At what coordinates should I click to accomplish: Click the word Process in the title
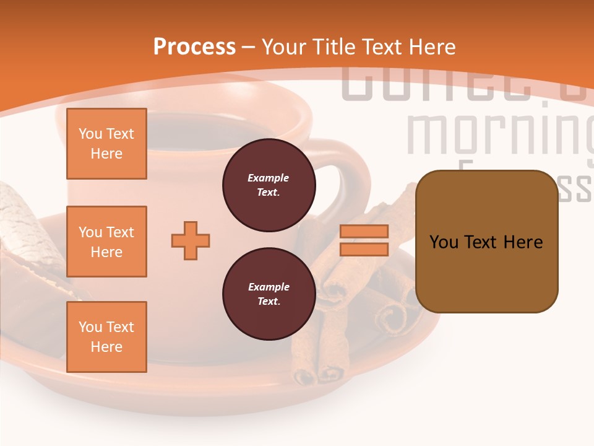coord(194,47)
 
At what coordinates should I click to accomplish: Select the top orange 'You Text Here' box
coord(106,144)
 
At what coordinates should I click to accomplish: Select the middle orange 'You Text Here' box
coord(106,242)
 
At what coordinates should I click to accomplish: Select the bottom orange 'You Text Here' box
coord(106,337)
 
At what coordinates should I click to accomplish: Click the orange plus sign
coord(191,240)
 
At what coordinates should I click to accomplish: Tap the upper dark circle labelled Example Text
coord(269,185)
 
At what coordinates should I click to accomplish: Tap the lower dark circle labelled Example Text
coord(269,294)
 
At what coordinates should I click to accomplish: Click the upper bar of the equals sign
coord(364,231)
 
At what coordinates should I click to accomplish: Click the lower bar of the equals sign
coord(364,249)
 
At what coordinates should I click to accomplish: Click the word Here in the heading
coord(431,47)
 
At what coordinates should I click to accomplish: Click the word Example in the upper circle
coord(269,178)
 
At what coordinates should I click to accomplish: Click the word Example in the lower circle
coord(269,287)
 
